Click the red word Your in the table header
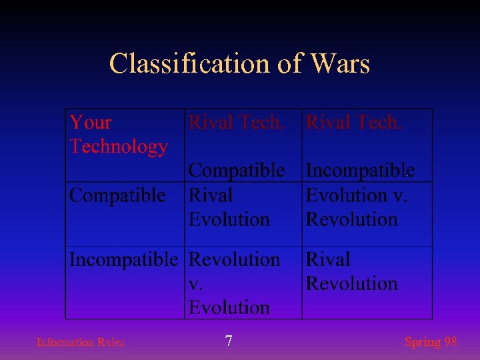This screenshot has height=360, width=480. (x=91, y=123)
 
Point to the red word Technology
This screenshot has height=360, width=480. (x=119, y=147)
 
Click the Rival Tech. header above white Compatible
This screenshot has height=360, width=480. (x=237, y=123)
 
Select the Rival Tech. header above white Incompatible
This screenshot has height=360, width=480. (x=354, y=123)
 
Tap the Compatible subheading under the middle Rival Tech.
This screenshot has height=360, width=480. (x=237, y=171)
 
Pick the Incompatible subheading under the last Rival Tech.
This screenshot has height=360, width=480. (x=360, y=171)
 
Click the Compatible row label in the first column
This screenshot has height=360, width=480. (x=117, y=195)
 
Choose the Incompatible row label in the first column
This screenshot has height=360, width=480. (x=124, y=259)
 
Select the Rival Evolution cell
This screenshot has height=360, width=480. (x=229, y=207)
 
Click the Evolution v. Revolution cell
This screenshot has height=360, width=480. (x=357, y=207)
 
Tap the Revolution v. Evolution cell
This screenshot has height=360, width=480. (x=234, y=283)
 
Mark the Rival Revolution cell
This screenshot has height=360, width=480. (x=351, y=271)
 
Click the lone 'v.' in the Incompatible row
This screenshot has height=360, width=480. (x=197, y=284)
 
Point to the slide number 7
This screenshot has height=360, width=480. (x=229, y=342)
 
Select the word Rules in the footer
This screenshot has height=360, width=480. (x=111, y=343)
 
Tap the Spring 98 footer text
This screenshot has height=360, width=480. (x=431, y=342)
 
